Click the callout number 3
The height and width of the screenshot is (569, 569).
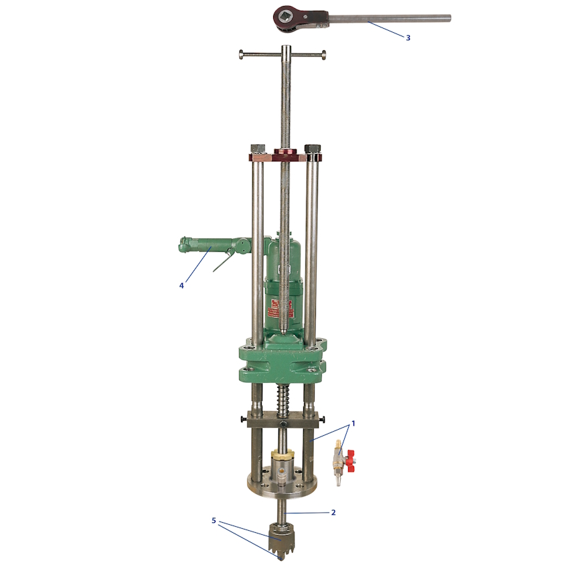click(x=408, y=37)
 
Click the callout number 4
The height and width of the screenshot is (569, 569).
click(x=181, y=286)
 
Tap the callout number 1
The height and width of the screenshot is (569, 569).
click(x=353, y=424)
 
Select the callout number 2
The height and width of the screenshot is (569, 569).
click(x=333, y=512)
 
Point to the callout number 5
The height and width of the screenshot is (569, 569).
click(x=214, y=521)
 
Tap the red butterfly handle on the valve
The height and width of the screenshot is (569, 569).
click(x=351, y=461)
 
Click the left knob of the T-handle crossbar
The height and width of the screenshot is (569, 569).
click(x=241, y=54)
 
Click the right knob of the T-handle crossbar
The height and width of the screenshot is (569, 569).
click(x=323, y=55)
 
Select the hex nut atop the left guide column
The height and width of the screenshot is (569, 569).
click(x=257, y=149)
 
